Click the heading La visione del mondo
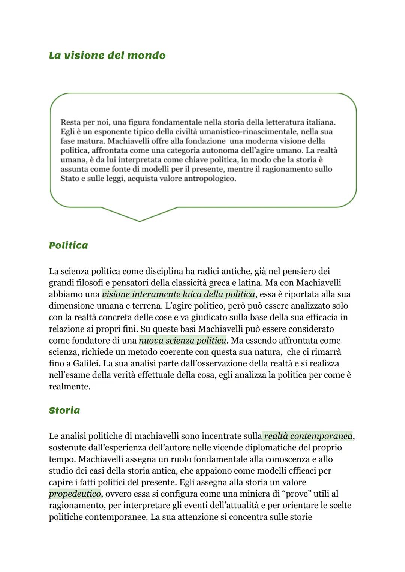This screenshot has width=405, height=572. [x=107, y=56]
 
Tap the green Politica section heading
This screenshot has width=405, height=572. [x=68, y=245]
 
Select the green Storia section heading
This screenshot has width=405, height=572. [x=64, y=410]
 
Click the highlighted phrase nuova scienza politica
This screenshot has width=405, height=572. [x=183, y=341]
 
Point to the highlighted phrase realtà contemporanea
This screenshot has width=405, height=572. [x=308, y=436]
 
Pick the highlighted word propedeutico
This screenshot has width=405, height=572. [x=75, y=494]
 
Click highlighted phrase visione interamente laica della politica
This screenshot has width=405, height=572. [x=178, y=294]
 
